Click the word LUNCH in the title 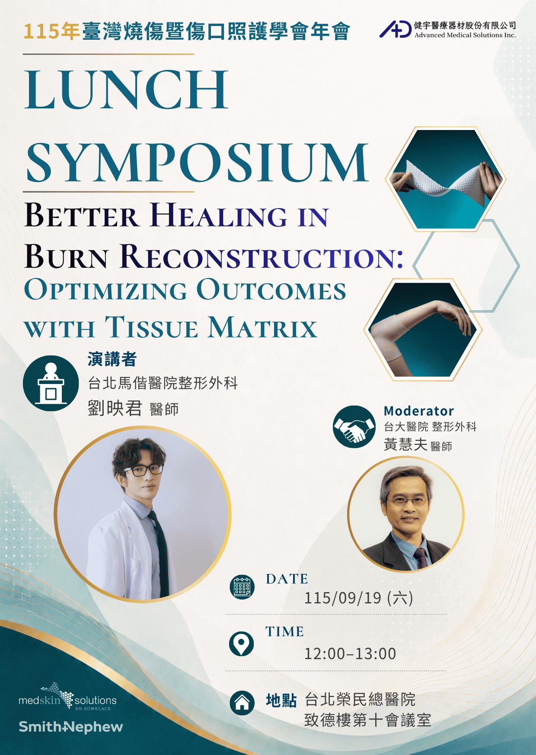click(x=126, y=89)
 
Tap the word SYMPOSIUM click(x=197, y=163)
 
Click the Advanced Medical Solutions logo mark click(x=395, y=29)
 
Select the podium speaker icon click(x=51, y=383)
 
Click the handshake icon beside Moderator click(x=354, y=427)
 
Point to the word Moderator click(x=419, y=411)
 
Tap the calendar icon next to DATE click(x=242, y=587)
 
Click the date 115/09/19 click(x=343, y=598)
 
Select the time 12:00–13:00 click(x=350, y=653)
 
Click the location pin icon click(x=241, y=644)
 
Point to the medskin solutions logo click(x=67, y=697)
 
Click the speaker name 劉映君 click(x=115, y=408)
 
